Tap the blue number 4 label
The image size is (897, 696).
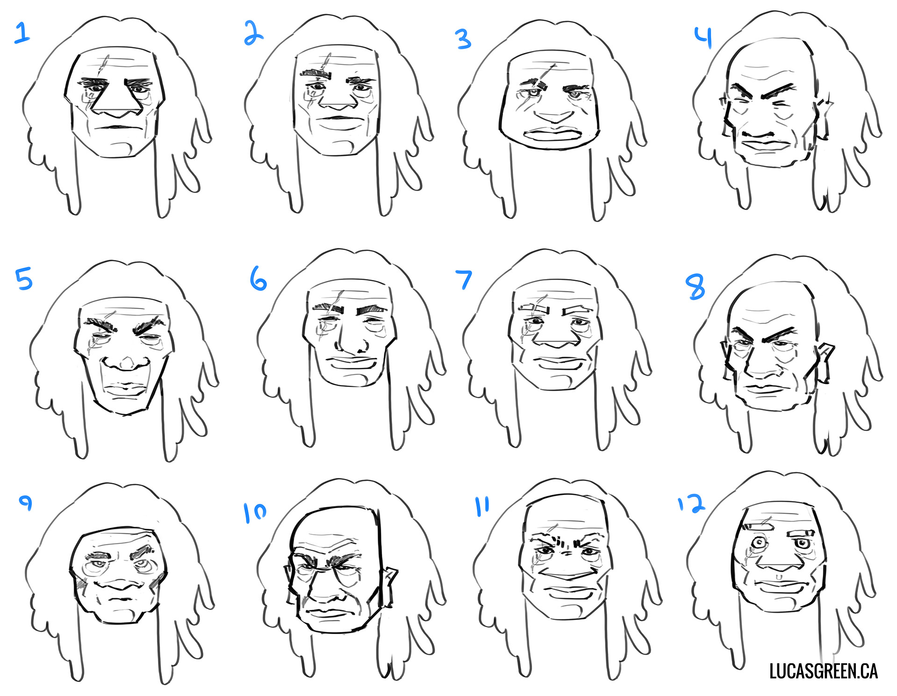pyautogui.click(x=703, y=37)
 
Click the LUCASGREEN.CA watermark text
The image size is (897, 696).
pyautogui.click(x=823, y=671)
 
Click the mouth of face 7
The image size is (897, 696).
pyautogui.click(x=556, y=361)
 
